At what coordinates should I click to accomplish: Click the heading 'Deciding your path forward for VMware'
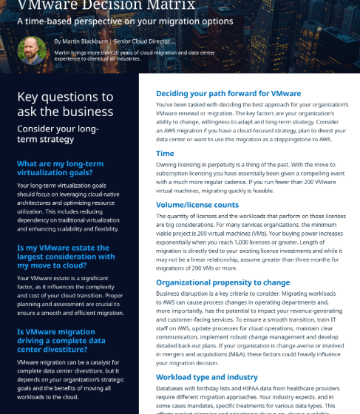pyautogui.click(x=228, y=94)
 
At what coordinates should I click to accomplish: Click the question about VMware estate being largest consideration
pyautogui.click(x=66, y=257)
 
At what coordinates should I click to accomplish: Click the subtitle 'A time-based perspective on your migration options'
pyautogui.click(x=125, y=21)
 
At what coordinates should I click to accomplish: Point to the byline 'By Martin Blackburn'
pyautogui.click(x=82, y=41)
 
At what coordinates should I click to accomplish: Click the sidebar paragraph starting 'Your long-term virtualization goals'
pyautogui.click(x=66, y=208)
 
